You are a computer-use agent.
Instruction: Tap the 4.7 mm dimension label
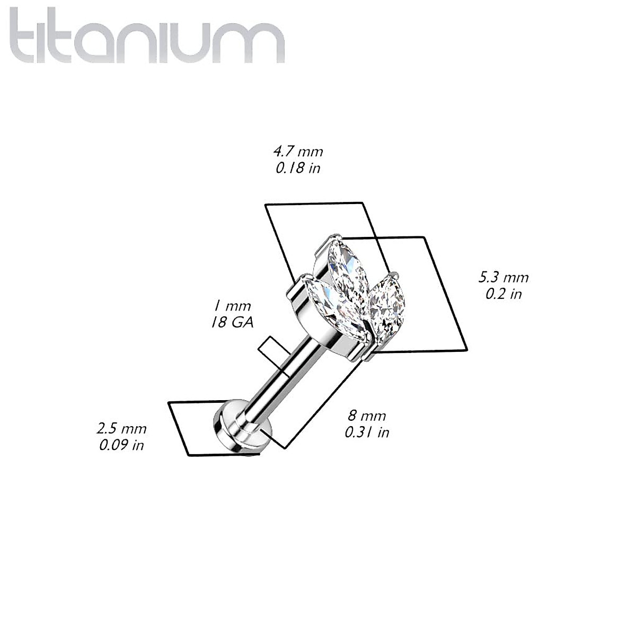[298, 152]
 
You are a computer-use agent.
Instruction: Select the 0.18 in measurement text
[298, 169]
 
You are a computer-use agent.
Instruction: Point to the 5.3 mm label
[503, 277]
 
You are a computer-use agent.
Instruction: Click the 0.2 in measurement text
[503, 294]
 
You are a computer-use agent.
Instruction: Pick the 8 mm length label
[367, 415]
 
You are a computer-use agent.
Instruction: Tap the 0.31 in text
[367, 432]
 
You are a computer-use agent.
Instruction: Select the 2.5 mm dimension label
[121, 428]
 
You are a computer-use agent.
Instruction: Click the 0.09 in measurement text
[121, 445]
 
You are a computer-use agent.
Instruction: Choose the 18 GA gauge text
[231, 323]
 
